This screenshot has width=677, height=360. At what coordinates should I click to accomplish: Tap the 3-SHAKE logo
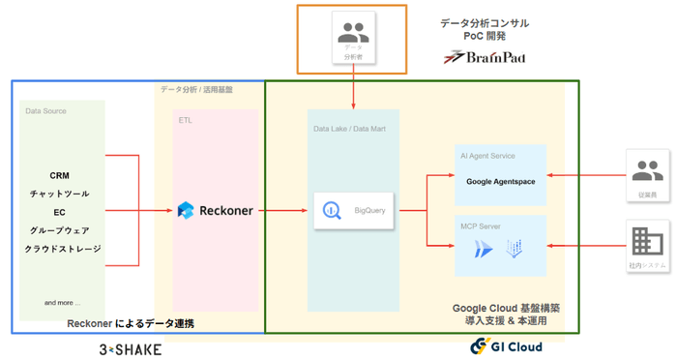coord(131,348)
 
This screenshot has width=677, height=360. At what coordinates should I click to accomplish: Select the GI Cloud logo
coord(506,346)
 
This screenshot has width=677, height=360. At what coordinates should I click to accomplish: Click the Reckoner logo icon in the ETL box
coord(186,210)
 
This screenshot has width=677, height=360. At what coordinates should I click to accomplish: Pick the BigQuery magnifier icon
coord(332,210)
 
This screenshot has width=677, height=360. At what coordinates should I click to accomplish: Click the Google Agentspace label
coord(500,181)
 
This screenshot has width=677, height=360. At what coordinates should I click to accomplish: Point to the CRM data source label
coord(60,176)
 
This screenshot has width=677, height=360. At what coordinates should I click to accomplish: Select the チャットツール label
coord(60,194)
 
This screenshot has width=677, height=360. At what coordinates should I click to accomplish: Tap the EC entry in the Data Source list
coord(60,212)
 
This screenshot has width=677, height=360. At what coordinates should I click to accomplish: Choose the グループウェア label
coord(60,230)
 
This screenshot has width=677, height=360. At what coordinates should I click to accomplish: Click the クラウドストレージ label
coord(60,249)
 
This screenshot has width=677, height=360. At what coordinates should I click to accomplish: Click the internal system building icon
coord(647,241)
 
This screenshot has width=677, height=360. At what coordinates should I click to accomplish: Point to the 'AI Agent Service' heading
coord(488,156)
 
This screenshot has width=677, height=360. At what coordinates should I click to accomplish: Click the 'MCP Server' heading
coord(482,226)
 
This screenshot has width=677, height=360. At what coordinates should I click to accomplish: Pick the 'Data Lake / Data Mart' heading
coord(350,129)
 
